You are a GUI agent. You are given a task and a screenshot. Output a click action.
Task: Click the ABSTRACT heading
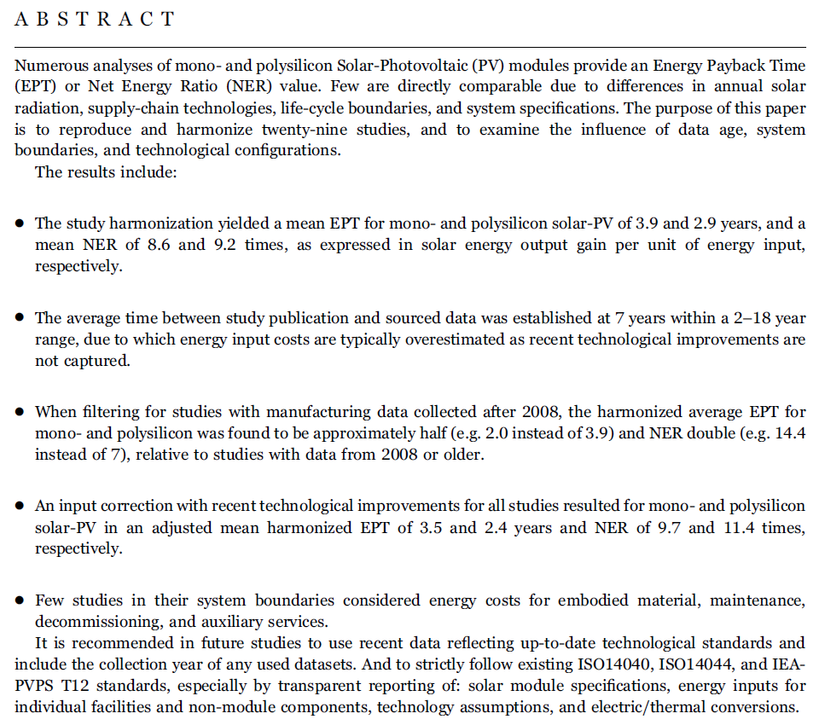click(95, 20)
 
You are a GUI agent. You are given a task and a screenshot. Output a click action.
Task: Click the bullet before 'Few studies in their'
click(20, 601)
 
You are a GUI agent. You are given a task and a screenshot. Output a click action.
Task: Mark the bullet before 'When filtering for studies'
click(20, 413)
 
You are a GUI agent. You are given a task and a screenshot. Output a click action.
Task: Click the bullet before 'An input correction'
click(20, 507)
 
